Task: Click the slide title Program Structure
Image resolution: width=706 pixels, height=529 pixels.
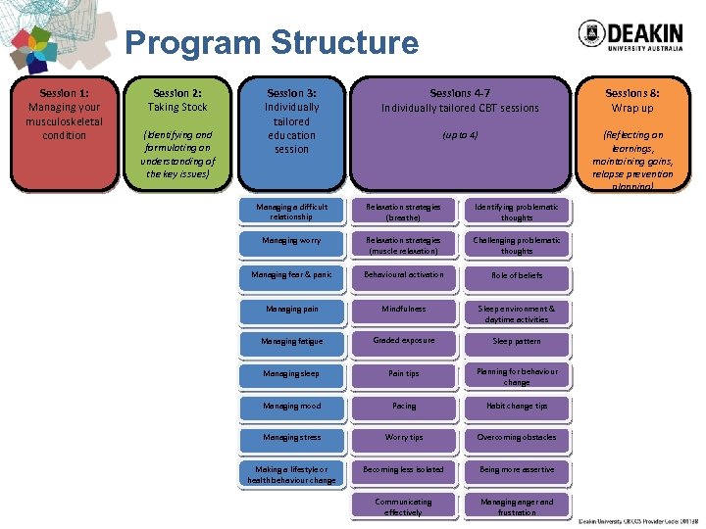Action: point(272,43)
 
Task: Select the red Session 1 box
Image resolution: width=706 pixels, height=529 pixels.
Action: point(64,132)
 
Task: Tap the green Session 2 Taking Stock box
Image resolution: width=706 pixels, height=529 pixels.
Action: point(177,132)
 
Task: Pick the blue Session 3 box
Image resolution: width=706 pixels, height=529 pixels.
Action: point(291,132)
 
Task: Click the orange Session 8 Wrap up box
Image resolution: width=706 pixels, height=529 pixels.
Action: point(632,132)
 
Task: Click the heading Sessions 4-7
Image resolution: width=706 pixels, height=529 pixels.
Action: point(460,93)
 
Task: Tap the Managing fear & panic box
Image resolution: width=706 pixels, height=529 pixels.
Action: point(291,275)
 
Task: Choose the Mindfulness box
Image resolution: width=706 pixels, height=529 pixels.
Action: point(404,309)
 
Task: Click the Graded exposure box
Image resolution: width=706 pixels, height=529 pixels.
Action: point(404,340)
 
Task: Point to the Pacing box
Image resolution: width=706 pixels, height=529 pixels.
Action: point(404,406)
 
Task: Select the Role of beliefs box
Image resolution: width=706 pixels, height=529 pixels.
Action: point(517,275)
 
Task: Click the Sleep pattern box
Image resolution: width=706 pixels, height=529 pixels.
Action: point(517,341)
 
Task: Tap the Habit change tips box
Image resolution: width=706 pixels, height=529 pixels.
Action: point(517,406)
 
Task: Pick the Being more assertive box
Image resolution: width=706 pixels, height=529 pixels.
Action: point(517,469)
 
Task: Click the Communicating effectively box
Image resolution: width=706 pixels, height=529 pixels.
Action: point(404,505)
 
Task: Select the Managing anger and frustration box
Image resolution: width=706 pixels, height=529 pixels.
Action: point(517,505)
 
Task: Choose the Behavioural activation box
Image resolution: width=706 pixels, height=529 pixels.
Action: point(404,275)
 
